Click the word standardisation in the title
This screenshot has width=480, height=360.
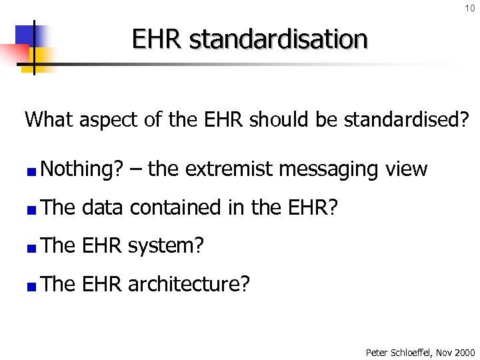278,39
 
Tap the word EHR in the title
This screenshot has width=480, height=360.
157,39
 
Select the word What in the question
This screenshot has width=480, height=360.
51,120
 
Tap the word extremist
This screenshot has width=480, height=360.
228,169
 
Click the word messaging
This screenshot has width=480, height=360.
326,169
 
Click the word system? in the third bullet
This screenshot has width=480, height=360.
165,246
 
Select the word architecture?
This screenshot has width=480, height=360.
189,285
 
